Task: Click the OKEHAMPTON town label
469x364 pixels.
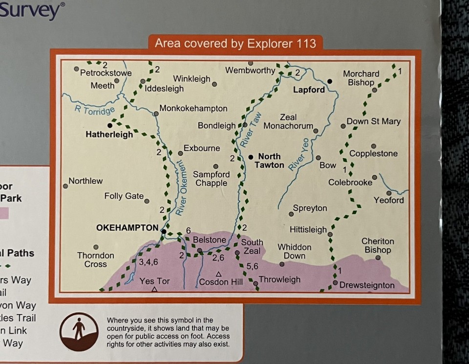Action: (128, 228)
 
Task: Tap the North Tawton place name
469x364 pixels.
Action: (269, 161)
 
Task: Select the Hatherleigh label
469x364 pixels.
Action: (109, 134)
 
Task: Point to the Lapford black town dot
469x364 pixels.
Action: (330, 81)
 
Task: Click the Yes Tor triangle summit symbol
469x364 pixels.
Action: (154, 290)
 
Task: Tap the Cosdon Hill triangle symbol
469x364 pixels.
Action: (219, 274)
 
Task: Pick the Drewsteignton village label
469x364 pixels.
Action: (367, 285)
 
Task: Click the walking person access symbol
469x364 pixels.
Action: (79, 332)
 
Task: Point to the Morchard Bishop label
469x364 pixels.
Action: (361, 78)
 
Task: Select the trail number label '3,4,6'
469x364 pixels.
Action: (149, 262)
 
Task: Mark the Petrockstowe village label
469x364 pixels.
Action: (106, 73)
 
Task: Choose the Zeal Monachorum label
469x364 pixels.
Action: (288, 122)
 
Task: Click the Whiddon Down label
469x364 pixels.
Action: (295, 251)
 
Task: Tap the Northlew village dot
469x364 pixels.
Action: (65, 186)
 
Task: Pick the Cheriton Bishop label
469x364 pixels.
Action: (378, 245)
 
